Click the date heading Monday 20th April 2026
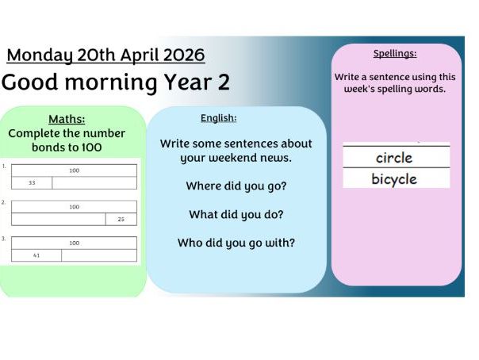pyautogui.click(x=105, y=55)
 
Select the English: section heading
pyautogui.click(x=218, y=118)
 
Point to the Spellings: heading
pyautogui.click(x=394, y=54)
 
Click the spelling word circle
pyautogui.click(x=394, y=158)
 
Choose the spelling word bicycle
pyautogui.click(x=394, y=179)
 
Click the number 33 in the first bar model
pyautogui.click(x=32, y=183)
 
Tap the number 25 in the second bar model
pyautogui.click(x=121, y=220)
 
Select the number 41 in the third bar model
pyautogui.click(x=36, y=255)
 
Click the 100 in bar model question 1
pyautogui.click(x=74, y=170)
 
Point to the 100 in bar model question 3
pyautogui.click(x=74, y=243)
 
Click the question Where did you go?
pyautogui.click(x=236, y=186)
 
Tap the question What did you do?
pyautogui.click(x=236, y=214)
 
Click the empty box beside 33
pyautogui.click(x=94, y=183)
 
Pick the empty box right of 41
pyautogui.click(x=99, y=255)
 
